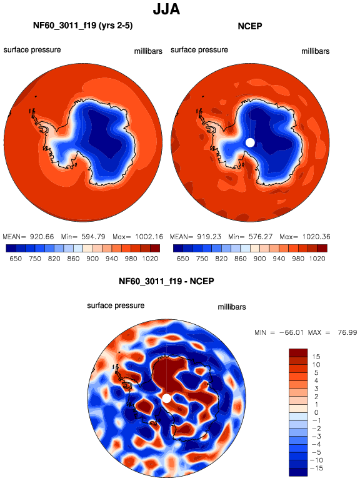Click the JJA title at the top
coord(166,9)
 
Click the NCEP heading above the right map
coord(250,26)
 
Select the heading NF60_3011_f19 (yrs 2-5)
coord(83,26)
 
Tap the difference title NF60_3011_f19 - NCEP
coord(166,281)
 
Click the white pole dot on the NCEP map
coord(251,142)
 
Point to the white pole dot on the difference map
coord(166,399)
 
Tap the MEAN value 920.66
coord(42,237)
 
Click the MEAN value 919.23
coord(209,237)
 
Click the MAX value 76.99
coord(347,332)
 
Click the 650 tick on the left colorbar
coord(16,259)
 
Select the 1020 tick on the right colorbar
coord(317,259)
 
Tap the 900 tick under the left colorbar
coord(92,259)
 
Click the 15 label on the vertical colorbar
coord(316,357)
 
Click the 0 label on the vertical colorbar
coord(316,412)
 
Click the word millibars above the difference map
coord(232,307)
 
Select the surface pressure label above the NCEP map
coord(199,50)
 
